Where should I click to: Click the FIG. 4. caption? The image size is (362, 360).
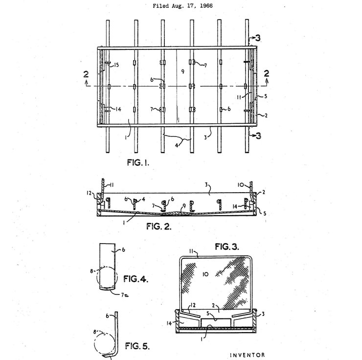click(136, 279)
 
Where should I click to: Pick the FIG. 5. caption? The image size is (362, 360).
click(137, 346)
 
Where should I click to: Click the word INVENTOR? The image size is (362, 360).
click(247, 355)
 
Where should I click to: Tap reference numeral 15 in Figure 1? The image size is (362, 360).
click(116, 65)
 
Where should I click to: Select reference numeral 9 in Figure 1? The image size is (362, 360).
click(182, 71)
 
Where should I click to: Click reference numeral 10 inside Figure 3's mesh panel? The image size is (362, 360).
click(205, 274)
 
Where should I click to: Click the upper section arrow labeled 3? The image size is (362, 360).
click(257, 38)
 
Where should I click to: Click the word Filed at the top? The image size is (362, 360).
click(161, 6)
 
